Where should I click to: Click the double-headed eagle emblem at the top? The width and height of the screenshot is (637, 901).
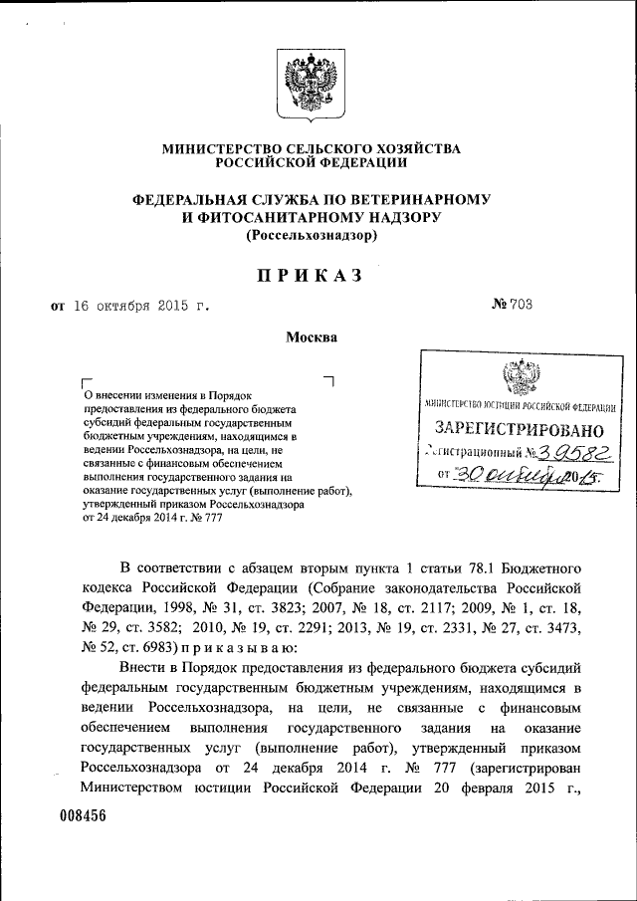pos(312,82)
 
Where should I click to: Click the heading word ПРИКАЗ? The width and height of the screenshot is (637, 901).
pos(312,275)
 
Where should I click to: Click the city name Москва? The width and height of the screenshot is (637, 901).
pos(312,338)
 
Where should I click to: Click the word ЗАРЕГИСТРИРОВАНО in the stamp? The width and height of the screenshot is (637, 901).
pos(520,430)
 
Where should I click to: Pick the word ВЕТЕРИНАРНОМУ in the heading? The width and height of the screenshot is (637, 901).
pos(433,199)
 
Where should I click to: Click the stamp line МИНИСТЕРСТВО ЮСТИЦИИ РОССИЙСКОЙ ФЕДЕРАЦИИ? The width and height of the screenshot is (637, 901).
pos(519,406)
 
